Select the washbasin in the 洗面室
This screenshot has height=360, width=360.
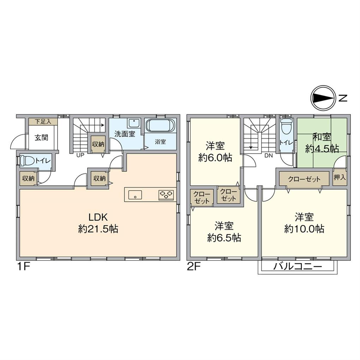[x=134, y=124]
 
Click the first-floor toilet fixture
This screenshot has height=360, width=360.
[x=27, y=161]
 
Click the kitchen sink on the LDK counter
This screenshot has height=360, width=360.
[x=135, y=194]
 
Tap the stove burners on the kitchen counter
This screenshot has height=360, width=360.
[x=167, y=194]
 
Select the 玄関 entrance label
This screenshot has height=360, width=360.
[x=42, y=138]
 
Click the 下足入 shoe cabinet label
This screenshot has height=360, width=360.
[x=43, y=121]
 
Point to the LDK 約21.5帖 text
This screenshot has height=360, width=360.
[x=98, y=223]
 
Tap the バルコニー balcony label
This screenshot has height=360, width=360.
[x=298, y=267]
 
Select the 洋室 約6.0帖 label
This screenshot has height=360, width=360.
[x=215, y=152]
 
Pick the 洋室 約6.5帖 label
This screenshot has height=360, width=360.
[x=224, y=232]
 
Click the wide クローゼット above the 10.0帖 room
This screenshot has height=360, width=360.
[x=304, y=179]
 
